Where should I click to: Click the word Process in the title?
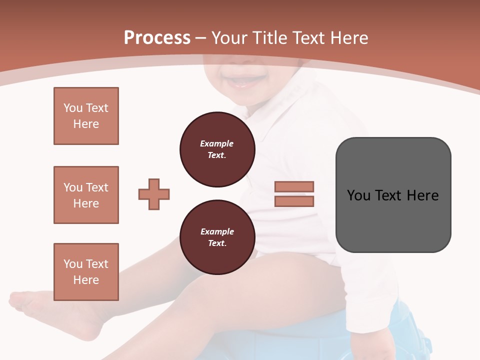coord(157,38)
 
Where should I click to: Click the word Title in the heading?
coord(267,38)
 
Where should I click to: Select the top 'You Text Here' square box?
coord(86,116)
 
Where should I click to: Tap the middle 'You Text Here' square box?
coord(86,195)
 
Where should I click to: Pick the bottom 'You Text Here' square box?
coord(86,272)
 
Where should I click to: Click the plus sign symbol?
coord(154,194)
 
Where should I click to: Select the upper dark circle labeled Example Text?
coord(217,149)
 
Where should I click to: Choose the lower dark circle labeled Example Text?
coord(217,237)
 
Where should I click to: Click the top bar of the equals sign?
coord(294,187)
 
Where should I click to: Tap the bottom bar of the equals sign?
coord(294,201)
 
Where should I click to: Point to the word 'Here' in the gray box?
coord(422,195)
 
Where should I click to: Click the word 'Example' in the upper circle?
coord(217,143)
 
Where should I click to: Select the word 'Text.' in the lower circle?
coord(217,243)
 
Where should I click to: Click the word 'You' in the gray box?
coord(358,195)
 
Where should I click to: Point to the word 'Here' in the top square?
coord(86,124)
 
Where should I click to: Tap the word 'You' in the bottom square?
coord(72,264)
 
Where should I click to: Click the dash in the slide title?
coord(201,38)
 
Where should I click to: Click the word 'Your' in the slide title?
coord(229,38)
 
